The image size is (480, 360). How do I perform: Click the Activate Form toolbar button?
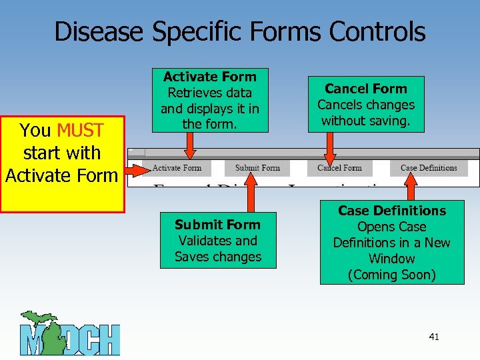[177, 168]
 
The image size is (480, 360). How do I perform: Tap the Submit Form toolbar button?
[257, 168]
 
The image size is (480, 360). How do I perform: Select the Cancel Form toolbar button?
[339, 168]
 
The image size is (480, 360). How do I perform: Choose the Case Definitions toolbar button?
[429, 168]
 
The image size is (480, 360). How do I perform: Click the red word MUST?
[80, 131]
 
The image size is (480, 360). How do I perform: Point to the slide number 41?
[434, 337]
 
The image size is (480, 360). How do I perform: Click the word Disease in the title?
[99, 31]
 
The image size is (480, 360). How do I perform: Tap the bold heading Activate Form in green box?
[209, 77]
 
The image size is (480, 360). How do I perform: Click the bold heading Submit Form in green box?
[217, 225]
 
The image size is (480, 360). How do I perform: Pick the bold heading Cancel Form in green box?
[365, 89]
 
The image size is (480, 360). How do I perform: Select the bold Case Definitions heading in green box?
[392, 211]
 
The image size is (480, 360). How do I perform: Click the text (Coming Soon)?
[392, 275]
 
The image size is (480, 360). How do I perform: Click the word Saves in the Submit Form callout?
[193, 257]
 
